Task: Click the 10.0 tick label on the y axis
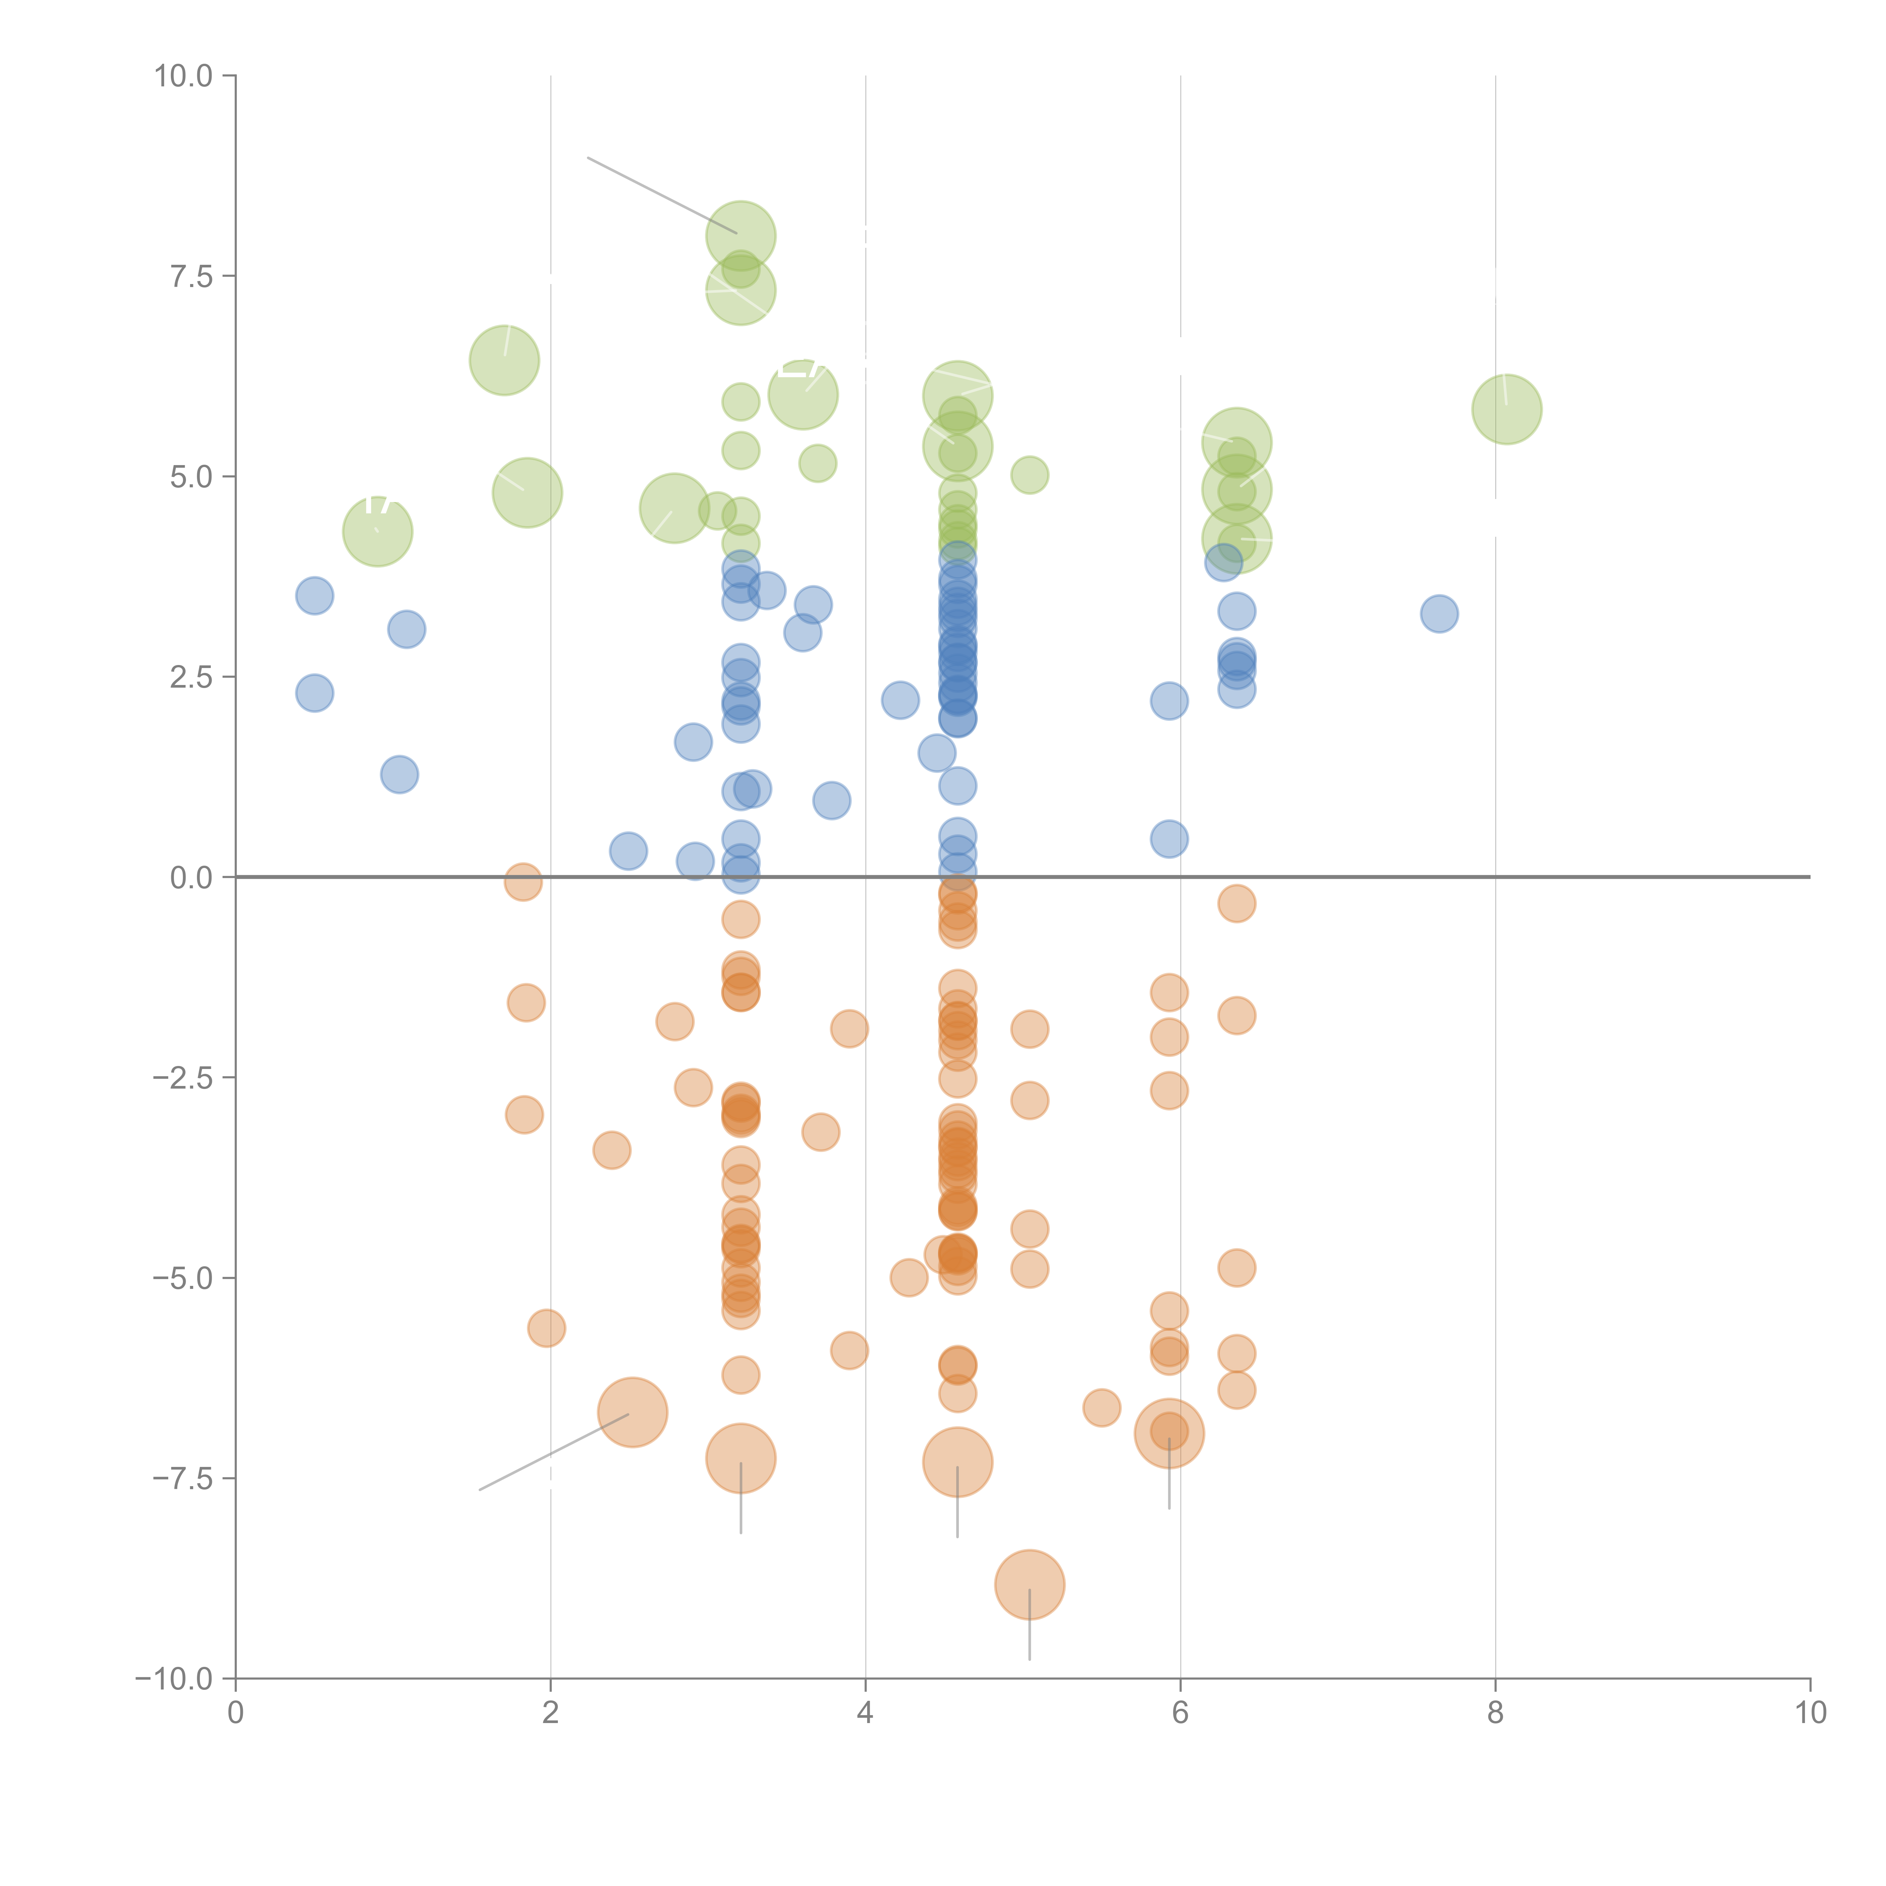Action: pos(184,76)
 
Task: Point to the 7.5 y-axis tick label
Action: pos(191,277)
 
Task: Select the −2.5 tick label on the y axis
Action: pos(184,1078)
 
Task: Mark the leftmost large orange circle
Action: pos(633,1413)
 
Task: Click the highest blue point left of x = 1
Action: pos(314,596)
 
